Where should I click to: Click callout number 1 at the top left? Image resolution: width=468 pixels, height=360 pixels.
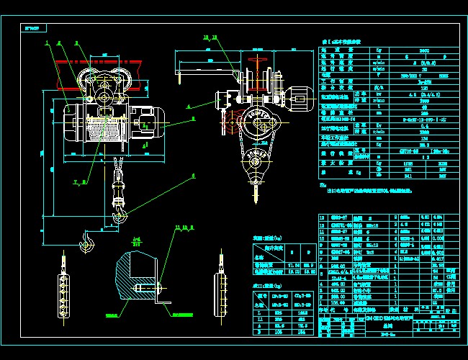point(48,42)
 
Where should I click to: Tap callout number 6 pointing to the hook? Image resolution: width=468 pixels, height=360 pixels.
point(193,175)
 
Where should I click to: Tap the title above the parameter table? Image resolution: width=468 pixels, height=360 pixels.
point(351,44)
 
